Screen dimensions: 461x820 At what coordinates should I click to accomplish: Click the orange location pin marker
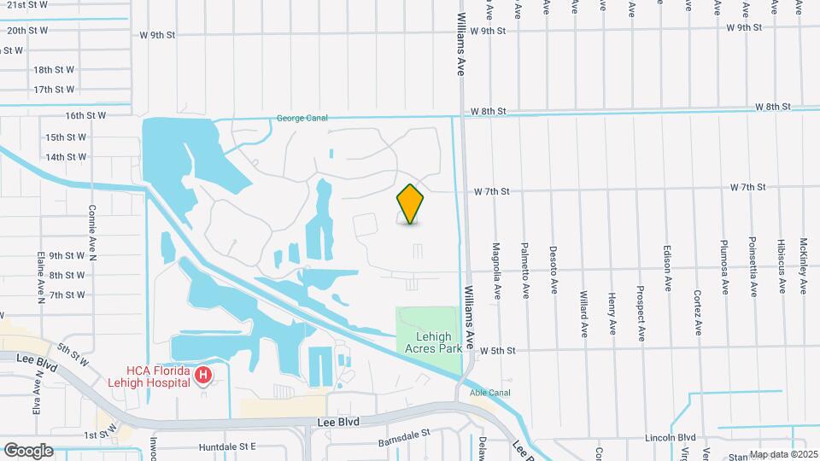pyautogui.click(x=410, y=204)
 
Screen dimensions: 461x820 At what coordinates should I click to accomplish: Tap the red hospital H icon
pyautogui.click(x=203, y=375)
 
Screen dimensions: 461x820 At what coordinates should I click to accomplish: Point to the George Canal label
pyautogui.click(x=302, y=118)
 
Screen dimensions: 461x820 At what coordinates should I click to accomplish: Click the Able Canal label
pyautogui.click(x=489, y=393)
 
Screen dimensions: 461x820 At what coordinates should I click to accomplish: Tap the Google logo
pyautogui.click(x=28, y=450)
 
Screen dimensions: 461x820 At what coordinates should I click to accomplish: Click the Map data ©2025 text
pyautogui.click(x=782, y=454)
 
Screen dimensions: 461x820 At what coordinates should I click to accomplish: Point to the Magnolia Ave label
pyautogui.click(x=496, y=271)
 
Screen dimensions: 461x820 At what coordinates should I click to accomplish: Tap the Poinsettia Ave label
pyautogui.click(x=753, y=266)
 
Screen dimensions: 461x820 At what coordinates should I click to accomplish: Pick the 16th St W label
pyautogui.click(x=85, y=115)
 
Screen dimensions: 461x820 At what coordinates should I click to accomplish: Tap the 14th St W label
pyautogui.click(x=66, y=157)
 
